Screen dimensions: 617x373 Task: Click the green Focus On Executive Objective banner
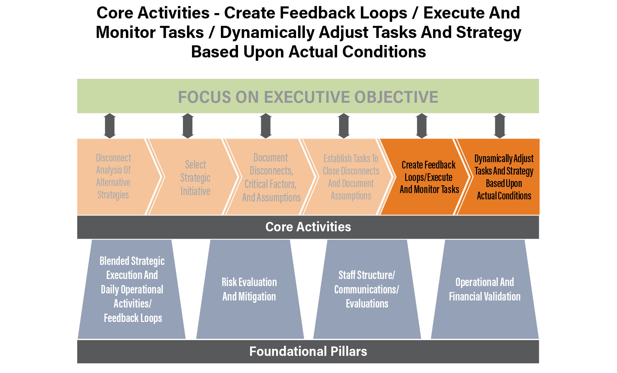coord(308,96)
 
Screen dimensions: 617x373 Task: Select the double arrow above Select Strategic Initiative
coord(188,126)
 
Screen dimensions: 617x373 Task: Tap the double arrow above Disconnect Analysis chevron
coord(110,126)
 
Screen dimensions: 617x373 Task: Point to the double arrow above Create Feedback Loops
coord(422,126)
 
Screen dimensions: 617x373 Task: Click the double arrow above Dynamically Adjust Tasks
coord(500,126)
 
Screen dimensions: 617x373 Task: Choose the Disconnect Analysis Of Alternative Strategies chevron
coord(116,177)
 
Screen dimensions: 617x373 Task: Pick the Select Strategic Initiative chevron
coord(193,177)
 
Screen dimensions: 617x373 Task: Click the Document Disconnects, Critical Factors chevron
coord(271,177)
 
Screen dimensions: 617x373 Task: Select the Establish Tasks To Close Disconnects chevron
coord(348,177)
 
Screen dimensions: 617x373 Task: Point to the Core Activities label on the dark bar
coord(308,227)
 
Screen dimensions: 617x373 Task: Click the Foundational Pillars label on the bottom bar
coord(308,352)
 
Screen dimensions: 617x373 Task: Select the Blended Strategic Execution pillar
coord(132,289)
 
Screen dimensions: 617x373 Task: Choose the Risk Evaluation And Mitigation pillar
coord(250,289)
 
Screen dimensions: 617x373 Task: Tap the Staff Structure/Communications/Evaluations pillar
coord(367,289)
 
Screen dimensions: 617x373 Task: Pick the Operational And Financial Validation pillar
coord(485,289)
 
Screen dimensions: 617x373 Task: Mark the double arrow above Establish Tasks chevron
coord(344,126)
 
